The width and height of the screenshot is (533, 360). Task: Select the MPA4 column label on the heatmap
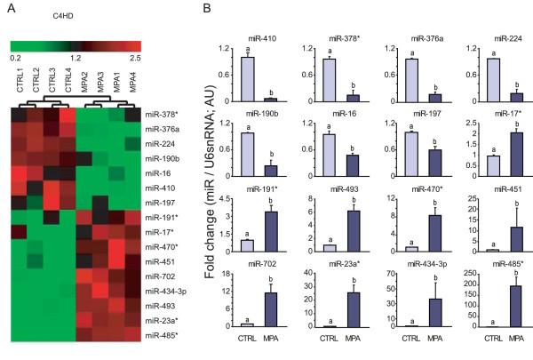coord(131,82)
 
